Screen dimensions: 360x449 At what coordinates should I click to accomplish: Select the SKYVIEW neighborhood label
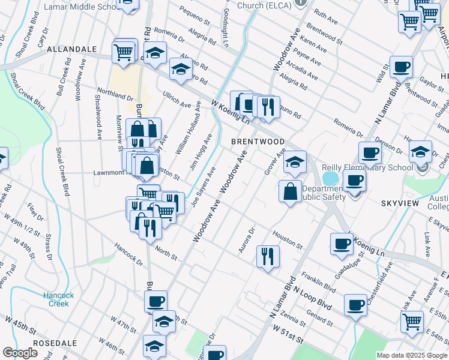coord(399,204)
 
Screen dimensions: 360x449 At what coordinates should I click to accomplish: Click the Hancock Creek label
coord(59,299)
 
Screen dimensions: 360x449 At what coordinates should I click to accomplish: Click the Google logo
coord(20,353)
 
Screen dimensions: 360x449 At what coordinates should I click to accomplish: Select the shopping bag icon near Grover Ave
coord(290,191)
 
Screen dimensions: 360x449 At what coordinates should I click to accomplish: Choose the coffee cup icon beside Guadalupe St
coord(342,243)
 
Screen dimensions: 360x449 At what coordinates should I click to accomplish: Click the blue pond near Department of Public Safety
coord(330,178)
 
